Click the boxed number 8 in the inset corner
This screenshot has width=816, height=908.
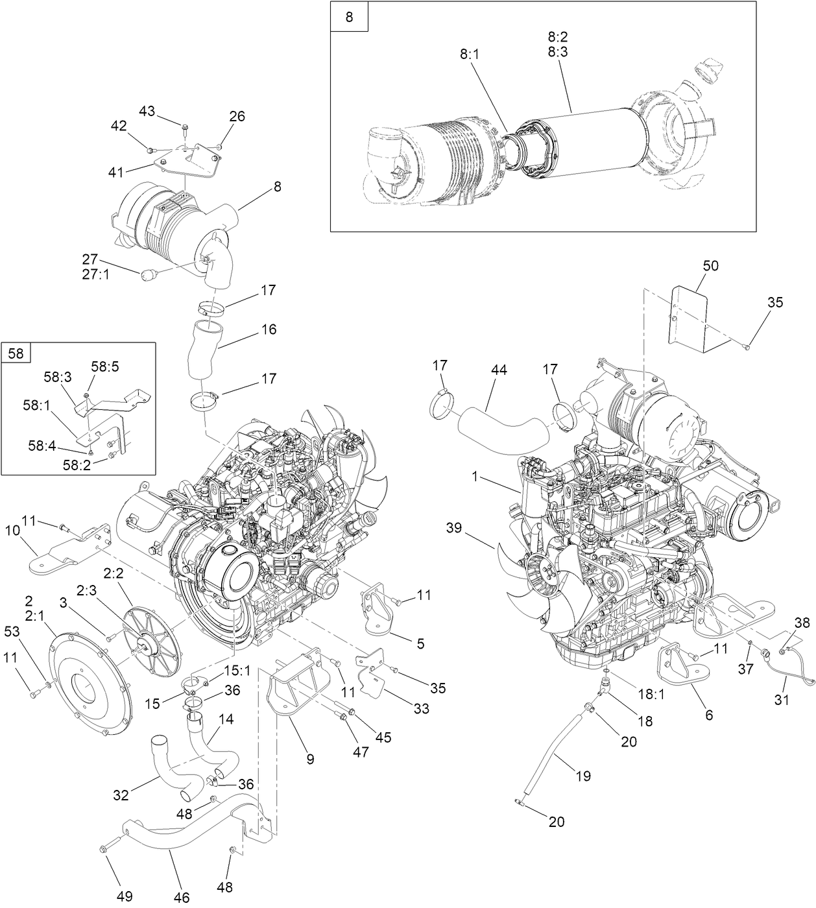point(349,17)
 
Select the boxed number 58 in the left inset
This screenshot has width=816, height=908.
point(16,353)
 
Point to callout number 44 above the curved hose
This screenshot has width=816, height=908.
point(499,370)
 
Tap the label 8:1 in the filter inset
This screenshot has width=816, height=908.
point(470,55)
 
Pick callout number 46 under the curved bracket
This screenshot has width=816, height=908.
point(182,897)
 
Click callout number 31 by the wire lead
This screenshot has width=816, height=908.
point(782,700)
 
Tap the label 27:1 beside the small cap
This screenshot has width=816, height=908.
point(95,274)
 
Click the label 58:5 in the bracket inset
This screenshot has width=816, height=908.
point(104,366)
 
